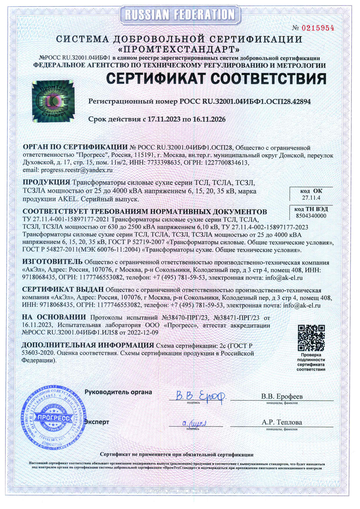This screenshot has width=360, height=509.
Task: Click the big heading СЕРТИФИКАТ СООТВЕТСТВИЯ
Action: coord(216,79)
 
